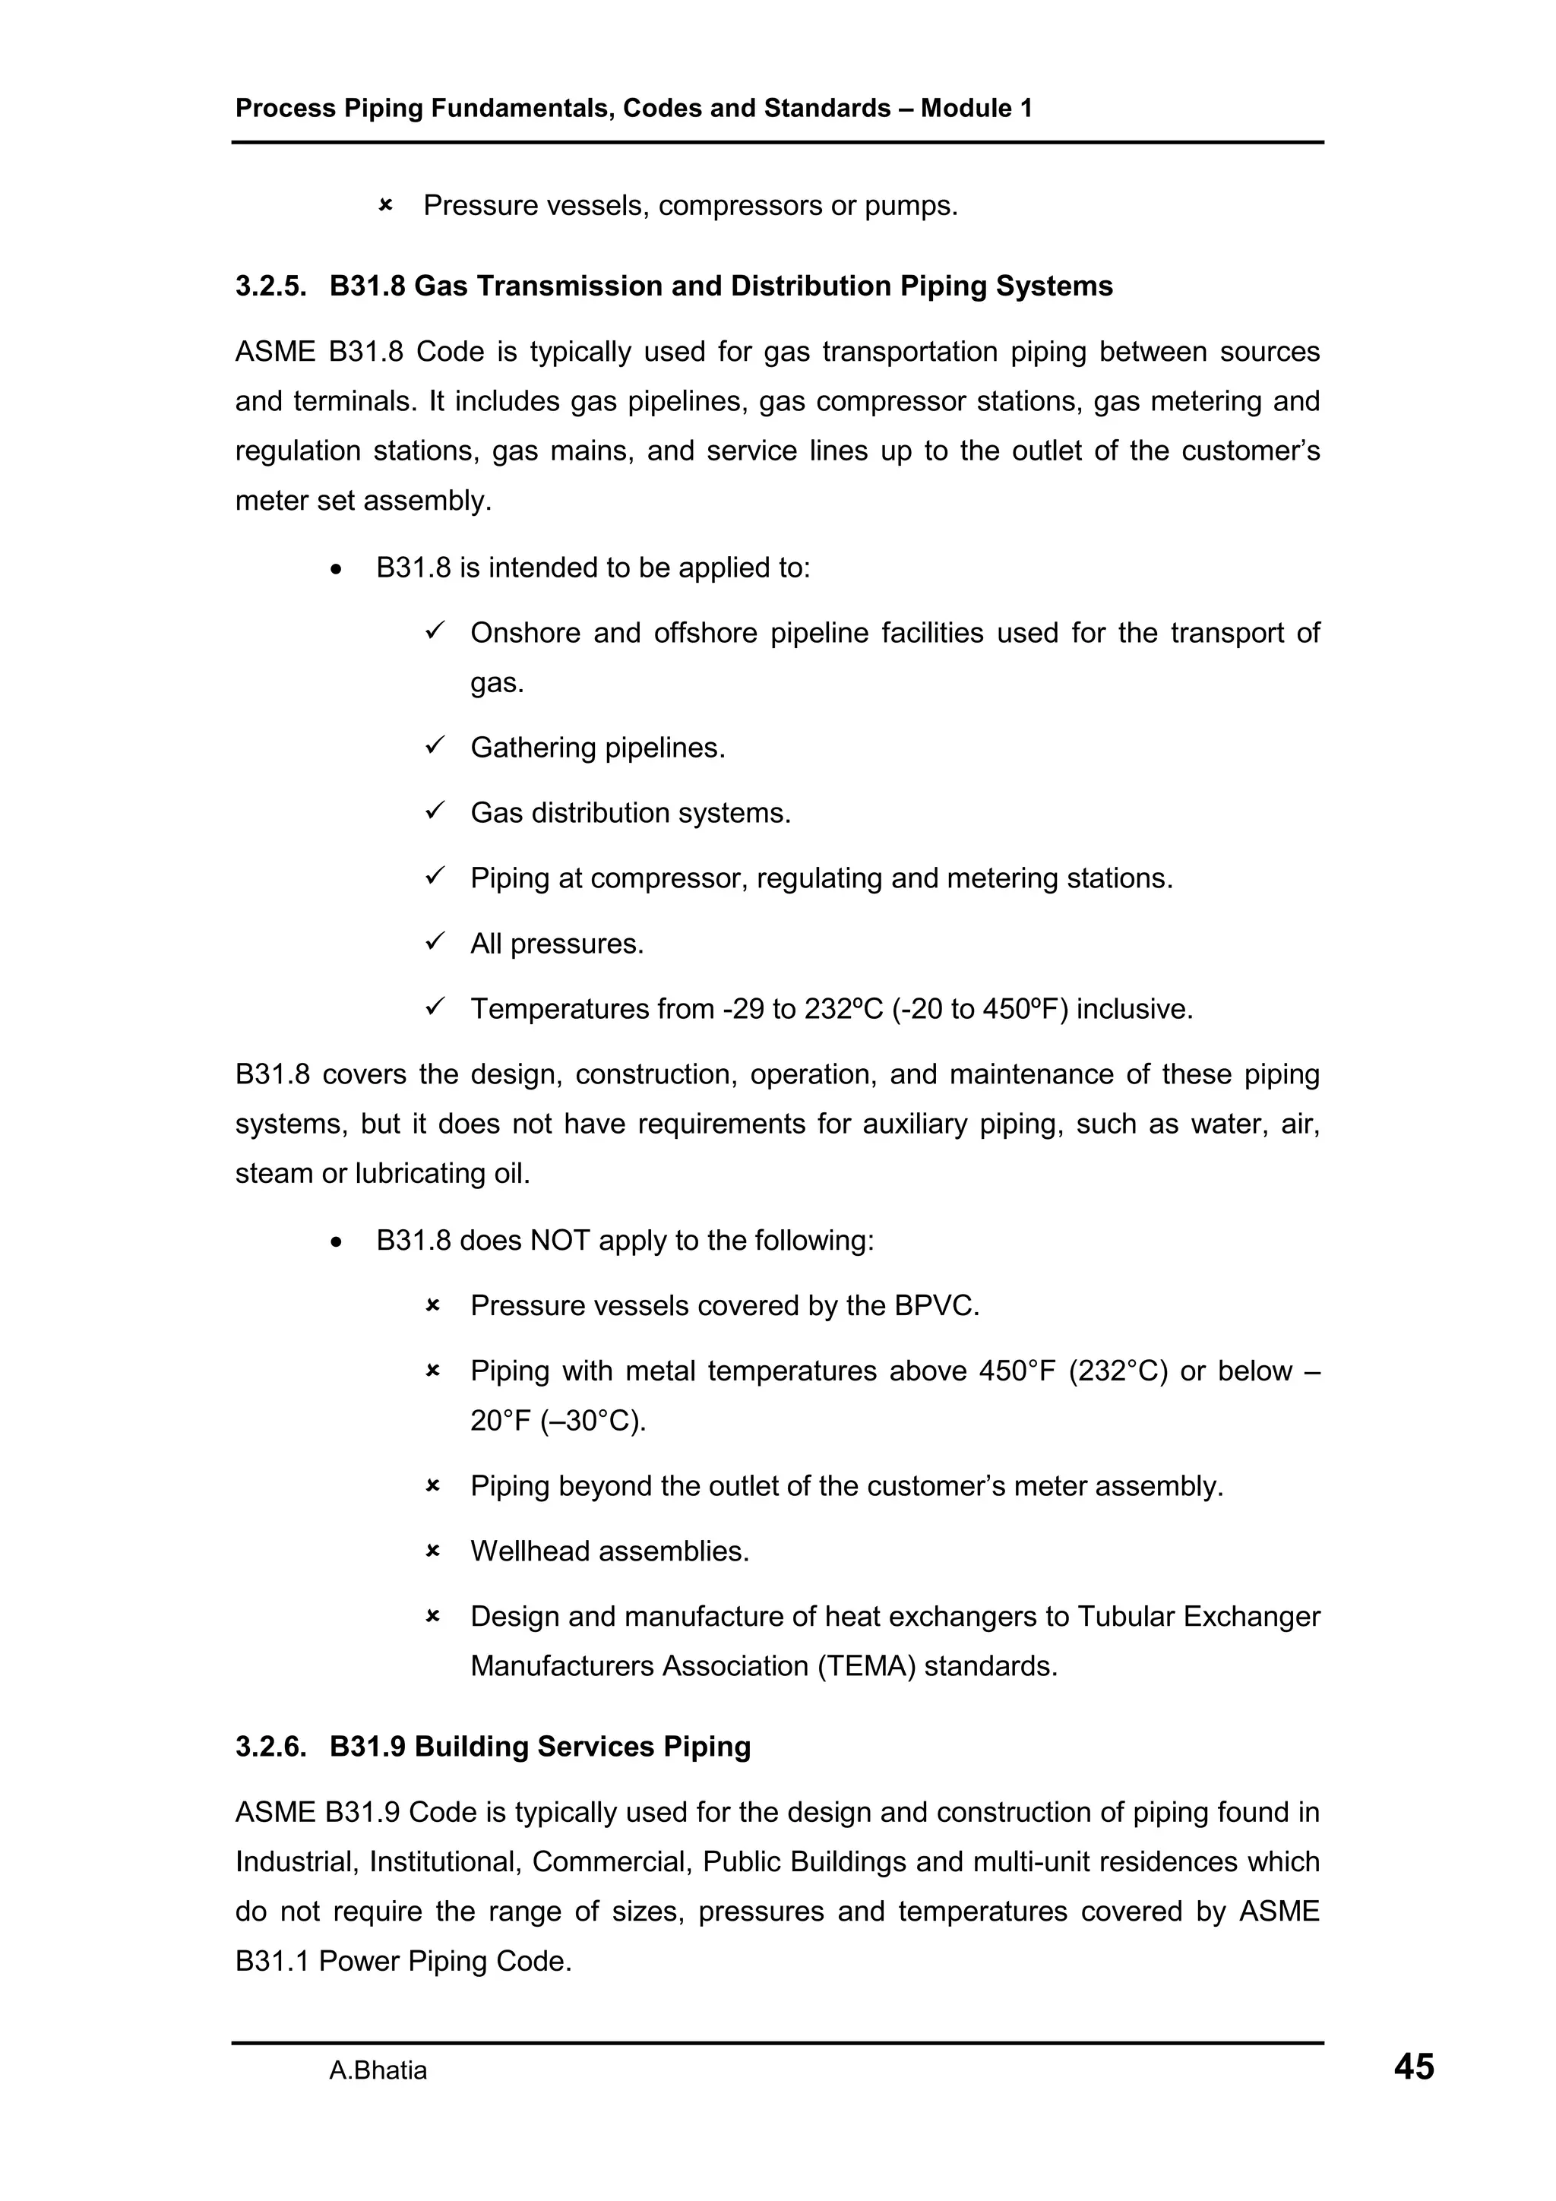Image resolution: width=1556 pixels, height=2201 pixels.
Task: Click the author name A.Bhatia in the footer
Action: point(378,2070)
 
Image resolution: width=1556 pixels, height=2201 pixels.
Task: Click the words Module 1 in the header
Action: point(976,109)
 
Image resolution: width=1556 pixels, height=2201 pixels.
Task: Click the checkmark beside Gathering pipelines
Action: point(433,746)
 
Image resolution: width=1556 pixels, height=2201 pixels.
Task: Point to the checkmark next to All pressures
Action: point(433,942)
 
